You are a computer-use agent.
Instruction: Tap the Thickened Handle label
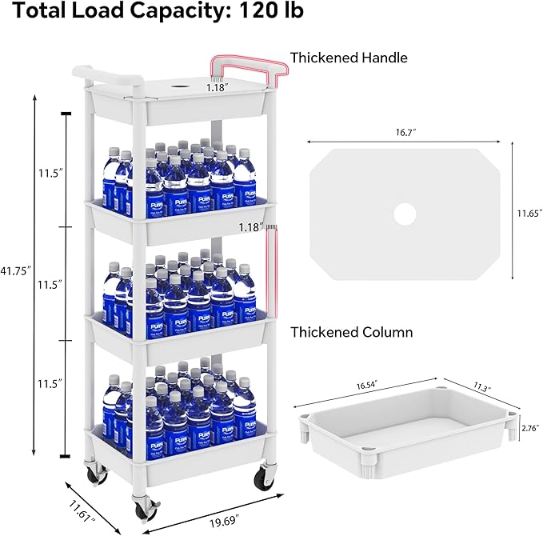(349, 58)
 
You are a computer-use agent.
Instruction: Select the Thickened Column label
(351, 331)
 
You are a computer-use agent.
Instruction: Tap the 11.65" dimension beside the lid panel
(524, 212)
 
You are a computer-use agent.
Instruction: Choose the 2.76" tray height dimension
(529, 428)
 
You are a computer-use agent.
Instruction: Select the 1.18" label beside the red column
(250, 227)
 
